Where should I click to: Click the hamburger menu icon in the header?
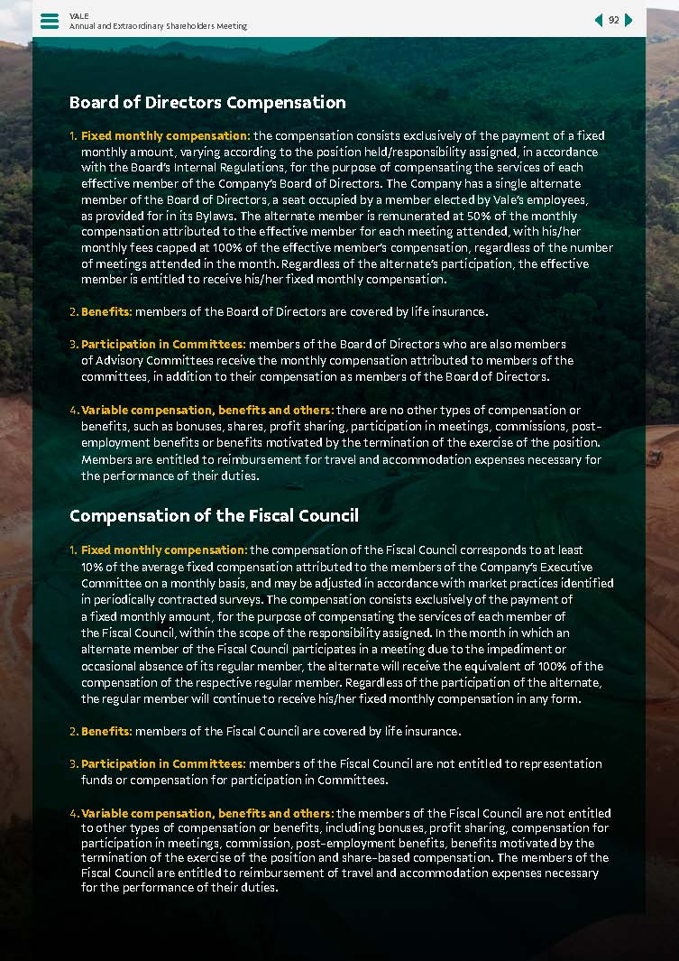pyautogui.click(x=50, y=20)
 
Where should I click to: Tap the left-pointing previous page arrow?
pyautogui.click(x=598, y=20)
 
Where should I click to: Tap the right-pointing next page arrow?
pyautogui.click(x=629, y=20)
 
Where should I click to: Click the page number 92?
pyautogui.click(x=613, y=20)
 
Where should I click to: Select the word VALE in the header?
pyautogui.click(x=78, y=15)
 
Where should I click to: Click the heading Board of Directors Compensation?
pyautogui.click(x=207, y=103)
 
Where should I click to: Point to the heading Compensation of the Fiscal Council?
pyautogui.click(x=214, y=515)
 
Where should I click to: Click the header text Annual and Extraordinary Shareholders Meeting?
pyautogui.click(x=158, y=26)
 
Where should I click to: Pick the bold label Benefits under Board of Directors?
pyautogui.click(x=106, y=311)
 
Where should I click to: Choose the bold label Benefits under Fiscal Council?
pyautogui.click(x=106, y=731)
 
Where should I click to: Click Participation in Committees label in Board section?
pyautogui.click(x=163, y=344)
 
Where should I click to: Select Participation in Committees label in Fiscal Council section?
pyautogui.click(x=163, y=763)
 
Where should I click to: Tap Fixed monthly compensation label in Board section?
pyautogui.click(x=165, y=135)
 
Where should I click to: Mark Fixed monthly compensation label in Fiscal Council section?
pyautogui.click(x=164, y=550)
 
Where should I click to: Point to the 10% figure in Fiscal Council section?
pyautogui.click(x=92, y=566)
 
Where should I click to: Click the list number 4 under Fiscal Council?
pyautogui.click(x=73, y=813)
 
